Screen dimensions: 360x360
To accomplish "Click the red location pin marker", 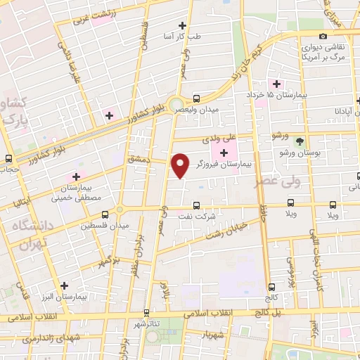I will point(181,165).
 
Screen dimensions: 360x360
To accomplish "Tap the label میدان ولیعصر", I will point(200,110).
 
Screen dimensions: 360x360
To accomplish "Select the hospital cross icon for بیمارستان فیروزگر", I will point(224,153).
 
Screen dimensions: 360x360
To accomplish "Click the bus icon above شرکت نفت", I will point(198,206).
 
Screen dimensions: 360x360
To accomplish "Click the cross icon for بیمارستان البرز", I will point(65,286).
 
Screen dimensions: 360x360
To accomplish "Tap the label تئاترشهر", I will point(149,323).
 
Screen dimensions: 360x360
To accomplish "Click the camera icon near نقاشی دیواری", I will point(323,37).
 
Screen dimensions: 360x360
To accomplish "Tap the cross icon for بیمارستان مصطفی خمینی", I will point(76,176).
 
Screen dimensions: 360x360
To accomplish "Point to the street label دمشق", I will point(139,161).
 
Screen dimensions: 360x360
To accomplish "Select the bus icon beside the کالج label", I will point(272,286).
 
